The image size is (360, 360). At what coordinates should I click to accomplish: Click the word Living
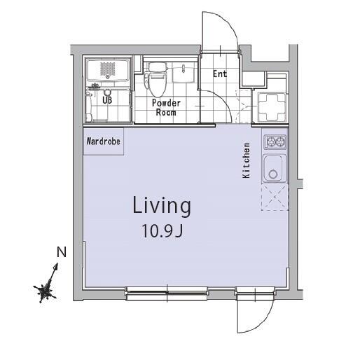tap(162, 206)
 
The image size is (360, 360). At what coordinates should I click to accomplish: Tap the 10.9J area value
tap(162, 230)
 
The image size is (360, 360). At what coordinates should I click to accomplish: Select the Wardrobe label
tap(104, 141)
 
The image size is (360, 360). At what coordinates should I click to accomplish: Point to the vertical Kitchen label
tap(247, 160)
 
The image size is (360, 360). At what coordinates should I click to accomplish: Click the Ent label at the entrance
tap(220, 74)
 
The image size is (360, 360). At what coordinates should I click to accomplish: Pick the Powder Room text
tap(166, 108)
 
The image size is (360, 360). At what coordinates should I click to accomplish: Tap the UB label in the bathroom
tap(107, 100)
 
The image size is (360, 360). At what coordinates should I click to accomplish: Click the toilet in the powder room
tap(156, 79)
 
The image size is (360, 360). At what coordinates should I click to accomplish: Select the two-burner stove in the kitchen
tap(275, 141)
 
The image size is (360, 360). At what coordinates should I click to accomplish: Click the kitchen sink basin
tap(275, 168)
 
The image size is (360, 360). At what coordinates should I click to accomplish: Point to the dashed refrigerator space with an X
tap(275, 197)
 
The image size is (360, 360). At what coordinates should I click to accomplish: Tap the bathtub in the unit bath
tap(108, 69)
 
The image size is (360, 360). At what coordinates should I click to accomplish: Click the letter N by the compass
tap(62, 252)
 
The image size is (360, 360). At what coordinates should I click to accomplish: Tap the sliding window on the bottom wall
tap(167, 293)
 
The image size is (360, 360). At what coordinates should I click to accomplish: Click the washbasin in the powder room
tap(184, 72)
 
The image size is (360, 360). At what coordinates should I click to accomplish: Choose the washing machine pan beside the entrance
tap(272, 107)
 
